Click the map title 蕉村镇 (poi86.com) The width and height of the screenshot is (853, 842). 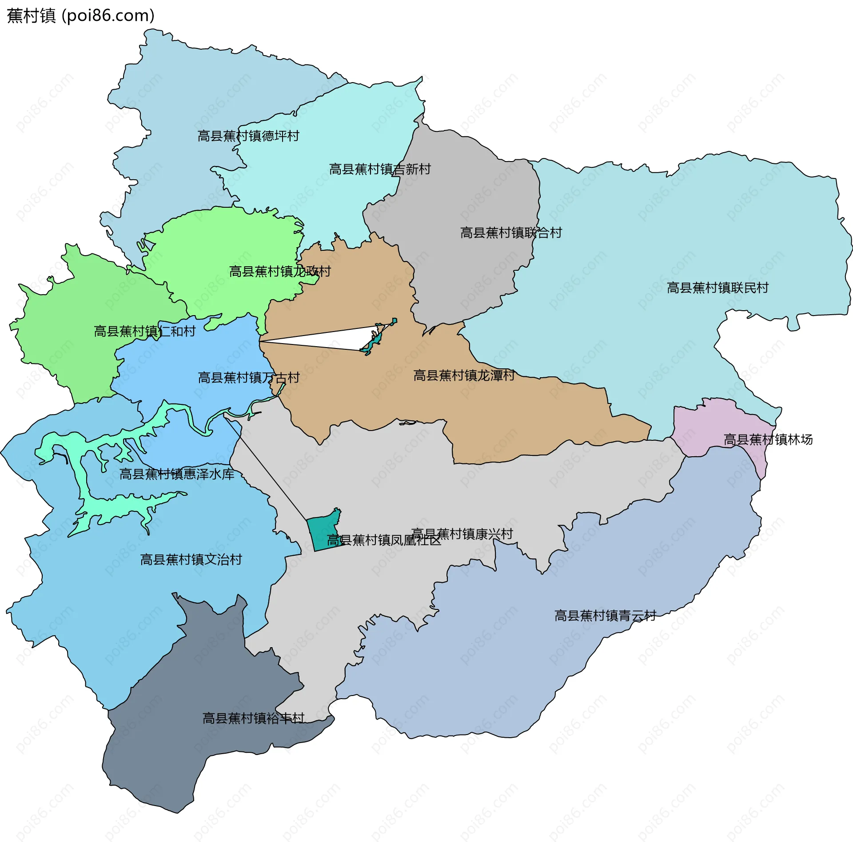point(80,16)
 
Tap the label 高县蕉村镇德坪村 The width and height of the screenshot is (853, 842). point(248,136)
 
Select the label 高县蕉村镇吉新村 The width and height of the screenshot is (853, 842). point(380,169)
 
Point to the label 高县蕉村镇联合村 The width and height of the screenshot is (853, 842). point(511,233)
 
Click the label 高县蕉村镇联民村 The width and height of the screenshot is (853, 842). point(717,288)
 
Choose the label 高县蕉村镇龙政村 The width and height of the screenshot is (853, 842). point(280,271)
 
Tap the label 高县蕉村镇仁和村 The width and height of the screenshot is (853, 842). point(144,331)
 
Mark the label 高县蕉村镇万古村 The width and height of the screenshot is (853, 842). point(248,378)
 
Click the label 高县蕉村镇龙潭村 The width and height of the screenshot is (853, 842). point(464,376)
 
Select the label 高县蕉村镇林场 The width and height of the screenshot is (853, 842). point(768,439)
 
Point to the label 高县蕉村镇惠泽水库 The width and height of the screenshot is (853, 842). point(177,474)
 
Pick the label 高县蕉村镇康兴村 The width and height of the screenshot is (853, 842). point(462,534)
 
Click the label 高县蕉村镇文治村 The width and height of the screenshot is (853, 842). point(191,559)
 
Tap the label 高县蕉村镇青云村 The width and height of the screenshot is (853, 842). point(605,616)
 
